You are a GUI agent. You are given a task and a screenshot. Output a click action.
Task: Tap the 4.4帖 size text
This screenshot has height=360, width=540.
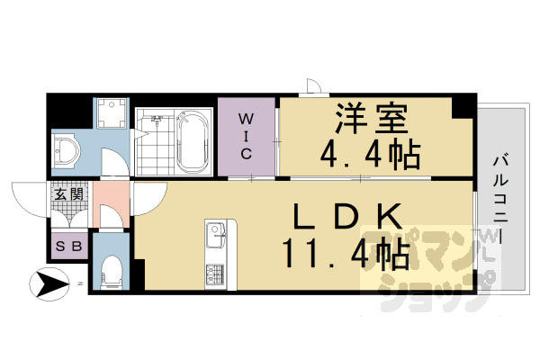coord(370,154)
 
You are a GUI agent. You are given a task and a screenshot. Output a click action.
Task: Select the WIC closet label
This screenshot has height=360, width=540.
coord(246,135)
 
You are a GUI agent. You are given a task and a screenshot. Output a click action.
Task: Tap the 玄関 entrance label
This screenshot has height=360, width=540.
coord(67,193)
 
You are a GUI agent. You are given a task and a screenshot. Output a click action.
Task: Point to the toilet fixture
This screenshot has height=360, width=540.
coord(112,268)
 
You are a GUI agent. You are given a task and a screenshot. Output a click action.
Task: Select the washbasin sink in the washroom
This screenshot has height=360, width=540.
coord(67,148)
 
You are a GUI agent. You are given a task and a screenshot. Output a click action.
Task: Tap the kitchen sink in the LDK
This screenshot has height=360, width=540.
coord(217,238)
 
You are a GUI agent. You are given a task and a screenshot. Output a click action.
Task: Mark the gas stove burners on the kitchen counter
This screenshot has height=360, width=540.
coord(216,273)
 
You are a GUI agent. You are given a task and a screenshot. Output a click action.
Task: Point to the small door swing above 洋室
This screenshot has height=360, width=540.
coord(313,86)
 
